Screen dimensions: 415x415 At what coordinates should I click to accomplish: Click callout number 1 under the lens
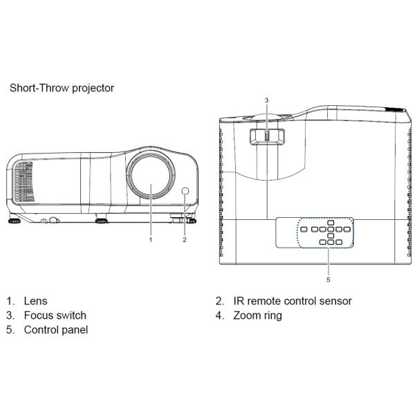[x=150, y=240]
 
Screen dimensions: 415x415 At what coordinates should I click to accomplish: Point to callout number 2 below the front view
[x=185, y=240]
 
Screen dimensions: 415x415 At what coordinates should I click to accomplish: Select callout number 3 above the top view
[x=266, y=100]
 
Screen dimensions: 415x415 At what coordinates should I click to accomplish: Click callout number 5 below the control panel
[x=328, y=280]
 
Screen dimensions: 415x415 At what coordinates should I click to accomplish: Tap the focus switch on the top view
[x=266, y=136]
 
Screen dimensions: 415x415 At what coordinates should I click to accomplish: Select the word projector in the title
[x=92, y=88]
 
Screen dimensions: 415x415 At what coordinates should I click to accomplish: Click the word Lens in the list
[x=35, y=301]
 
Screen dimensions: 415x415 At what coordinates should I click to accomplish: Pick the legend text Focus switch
[x=55, y=315]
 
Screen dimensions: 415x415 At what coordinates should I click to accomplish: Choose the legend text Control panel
[x=56, y=330]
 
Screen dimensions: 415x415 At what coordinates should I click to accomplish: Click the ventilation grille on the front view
[x=23, y=182]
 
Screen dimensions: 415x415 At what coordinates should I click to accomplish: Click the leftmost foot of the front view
[x=13, y=222]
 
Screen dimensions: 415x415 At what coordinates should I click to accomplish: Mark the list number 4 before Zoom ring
[x=219, y=315]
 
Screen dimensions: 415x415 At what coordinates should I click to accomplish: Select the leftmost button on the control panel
[x=305, y=229]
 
